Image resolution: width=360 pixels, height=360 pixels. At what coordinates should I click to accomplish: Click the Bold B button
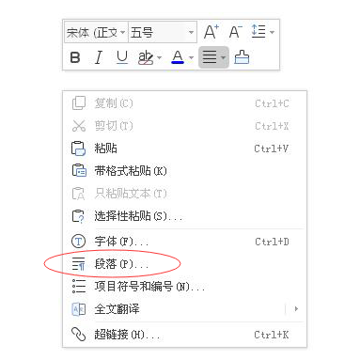75,57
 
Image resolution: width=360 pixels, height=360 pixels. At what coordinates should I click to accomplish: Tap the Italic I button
99,57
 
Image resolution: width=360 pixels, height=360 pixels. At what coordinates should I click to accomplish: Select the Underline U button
122,57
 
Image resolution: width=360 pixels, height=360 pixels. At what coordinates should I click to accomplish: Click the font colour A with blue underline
178,57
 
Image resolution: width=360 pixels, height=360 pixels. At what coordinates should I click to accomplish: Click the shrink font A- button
235,32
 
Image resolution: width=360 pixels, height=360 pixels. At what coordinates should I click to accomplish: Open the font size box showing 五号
163,32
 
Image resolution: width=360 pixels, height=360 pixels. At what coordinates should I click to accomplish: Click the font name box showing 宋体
96,32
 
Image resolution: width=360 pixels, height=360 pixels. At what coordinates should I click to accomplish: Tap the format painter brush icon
242,57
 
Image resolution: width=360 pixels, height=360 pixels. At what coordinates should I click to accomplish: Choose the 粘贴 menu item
105,149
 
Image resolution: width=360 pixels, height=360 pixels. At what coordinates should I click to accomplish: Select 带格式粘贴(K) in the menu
131,171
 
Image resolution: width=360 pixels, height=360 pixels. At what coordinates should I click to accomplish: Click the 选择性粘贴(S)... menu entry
138,216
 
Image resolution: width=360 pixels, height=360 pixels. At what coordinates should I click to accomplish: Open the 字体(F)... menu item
121,242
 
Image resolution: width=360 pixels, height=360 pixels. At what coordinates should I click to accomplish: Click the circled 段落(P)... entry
121,264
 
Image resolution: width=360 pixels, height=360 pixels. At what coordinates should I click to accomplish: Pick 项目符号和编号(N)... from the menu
149,287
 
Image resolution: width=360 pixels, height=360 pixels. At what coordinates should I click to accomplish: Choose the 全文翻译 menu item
117,309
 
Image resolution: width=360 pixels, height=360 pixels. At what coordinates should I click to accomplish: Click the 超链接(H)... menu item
127,335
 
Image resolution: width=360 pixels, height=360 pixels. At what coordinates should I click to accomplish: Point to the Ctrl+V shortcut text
272,149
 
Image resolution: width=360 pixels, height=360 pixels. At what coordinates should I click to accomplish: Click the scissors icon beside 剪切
79,126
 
